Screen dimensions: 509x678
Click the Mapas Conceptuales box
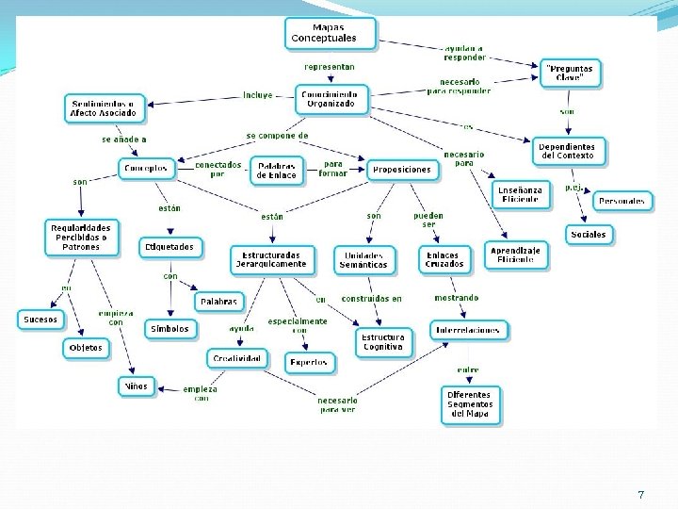pyautogui.click(x=330, y=34)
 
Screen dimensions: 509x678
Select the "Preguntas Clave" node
pyautogui.click(x=571, y=74)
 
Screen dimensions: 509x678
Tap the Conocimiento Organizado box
pyautogui.click(x=331, y=99)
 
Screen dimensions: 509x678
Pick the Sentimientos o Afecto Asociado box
pyautogui.click(x=104, y=108)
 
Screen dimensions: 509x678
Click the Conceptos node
pyautogui.click(x=147, y=170)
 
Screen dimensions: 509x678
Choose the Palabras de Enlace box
pyautogui.click(x=276, y=171)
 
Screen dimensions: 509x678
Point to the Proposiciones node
pyautogui.click(x=402, y=170)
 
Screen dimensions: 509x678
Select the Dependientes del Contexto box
pyautogui.click(x=567, y=151)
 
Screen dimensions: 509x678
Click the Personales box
pyautogui.click(x=622, y=201)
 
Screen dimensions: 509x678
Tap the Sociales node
pyautogui.click(x=589, y=234)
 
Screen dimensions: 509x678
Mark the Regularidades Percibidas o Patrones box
pyautogui.click(x=82, y=238)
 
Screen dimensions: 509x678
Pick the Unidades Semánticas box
pyautogui.click(x=363, y=259)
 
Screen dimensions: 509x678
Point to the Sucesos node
pyautogui.click(x=40, y=320)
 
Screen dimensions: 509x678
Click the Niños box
pyautogui.click(x=136, y=386)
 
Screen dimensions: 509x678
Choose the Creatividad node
pyautogui.click(x=236, y=358)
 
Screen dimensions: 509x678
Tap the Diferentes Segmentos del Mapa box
pyautogui.click(x=469, y=404)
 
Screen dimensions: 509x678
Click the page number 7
pyautogui.click(x=641, y=495)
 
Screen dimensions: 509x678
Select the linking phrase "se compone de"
pyautogui.click(x=277, y=136)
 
